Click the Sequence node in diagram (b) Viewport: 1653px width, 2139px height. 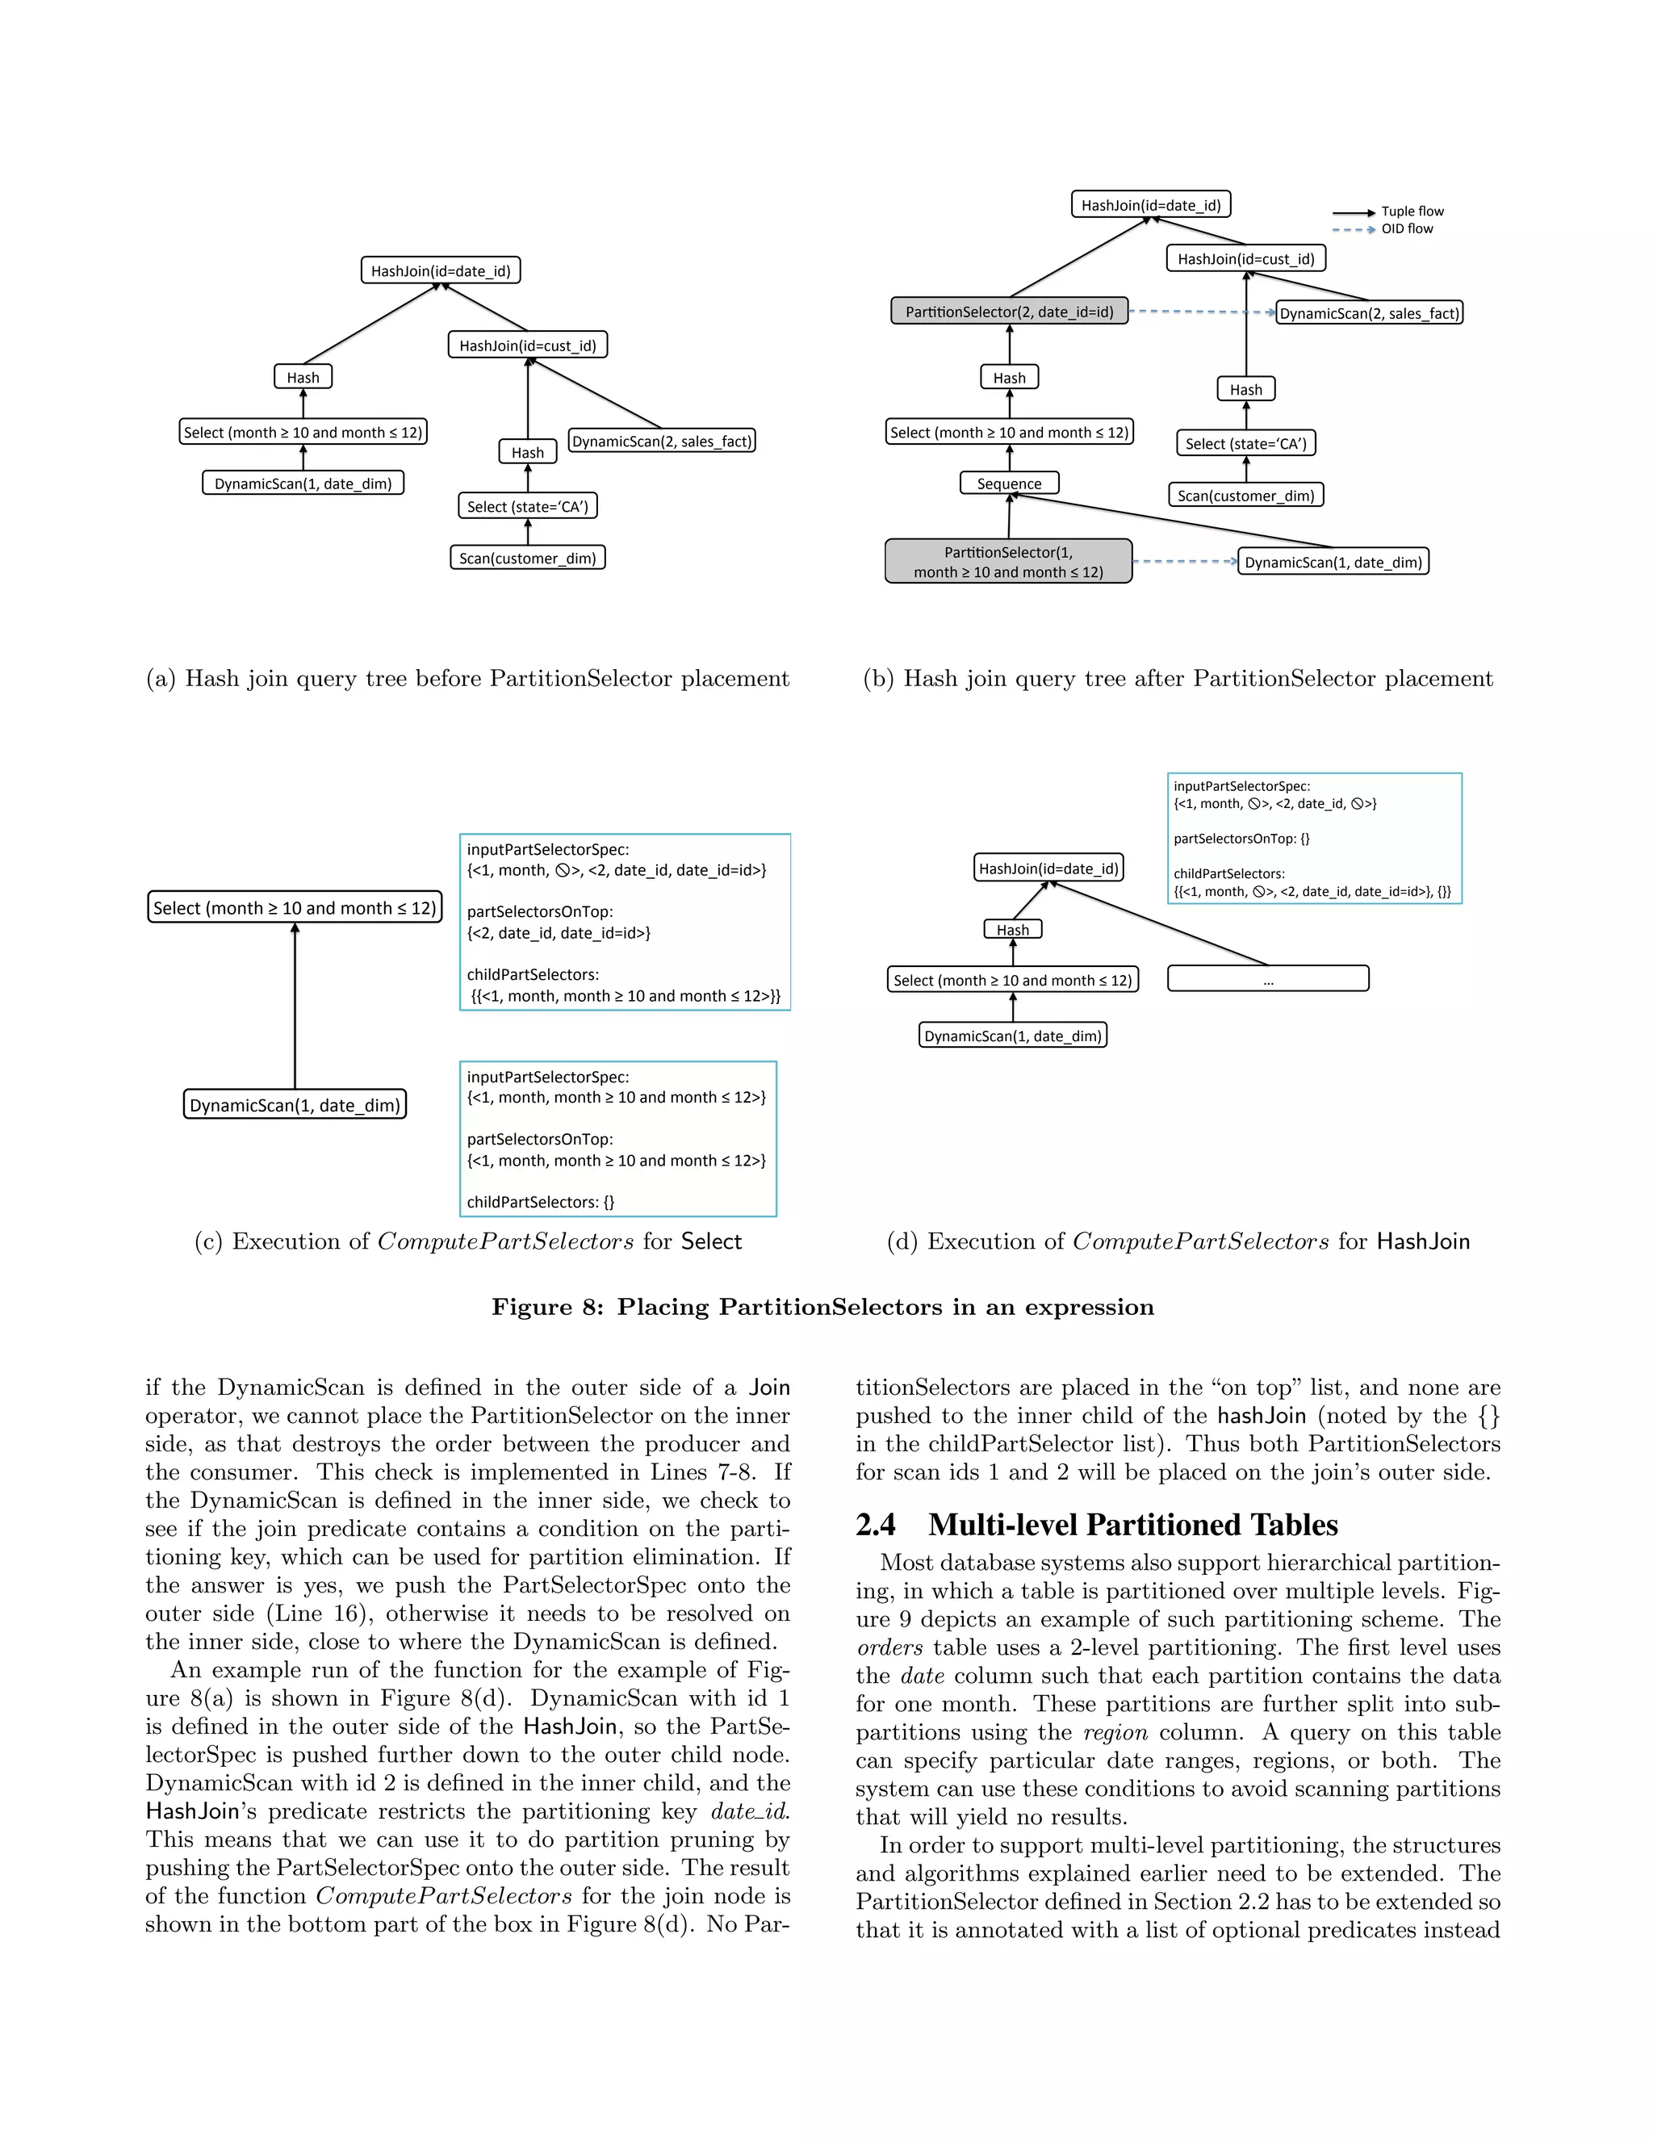click(1009, 483)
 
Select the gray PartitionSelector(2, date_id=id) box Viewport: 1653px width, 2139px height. click(1009, 312)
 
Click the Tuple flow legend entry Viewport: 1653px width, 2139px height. click(1411, 211)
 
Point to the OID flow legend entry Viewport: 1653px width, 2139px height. click(1406, 229)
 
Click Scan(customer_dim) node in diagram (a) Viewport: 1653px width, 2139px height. click(527, 559)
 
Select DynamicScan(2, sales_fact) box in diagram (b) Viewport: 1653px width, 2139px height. click(1368, 313)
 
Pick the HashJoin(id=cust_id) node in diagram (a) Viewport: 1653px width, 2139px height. click(527, 345)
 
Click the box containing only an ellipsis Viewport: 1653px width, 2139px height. click(1267, 978)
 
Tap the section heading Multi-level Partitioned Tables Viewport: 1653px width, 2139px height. click(1132, 1525)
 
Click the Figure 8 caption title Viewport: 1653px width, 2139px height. click(822, 1308)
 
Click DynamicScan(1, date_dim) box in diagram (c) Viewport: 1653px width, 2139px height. click(294, 1105)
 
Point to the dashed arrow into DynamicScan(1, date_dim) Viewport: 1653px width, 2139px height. click(1184, 562)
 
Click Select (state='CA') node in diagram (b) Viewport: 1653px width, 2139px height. click(1245, 444)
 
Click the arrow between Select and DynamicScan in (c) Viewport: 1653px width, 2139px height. click(295, 1009)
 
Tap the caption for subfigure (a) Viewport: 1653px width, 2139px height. click(467, 679)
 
